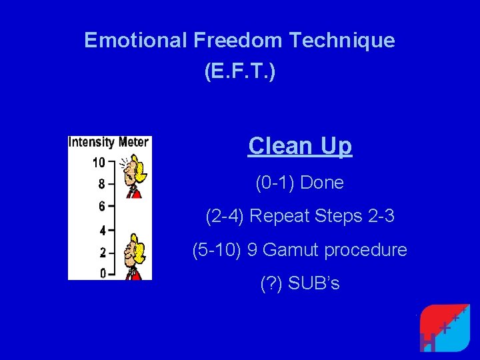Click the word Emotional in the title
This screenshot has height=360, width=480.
point(136,41)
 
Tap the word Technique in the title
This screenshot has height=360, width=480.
point(342,41)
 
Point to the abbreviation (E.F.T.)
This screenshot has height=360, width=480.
point(239,73)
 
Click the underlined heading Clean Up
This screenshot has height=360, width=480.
point(299,145)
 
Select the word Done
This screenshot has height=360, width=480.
point(322,183)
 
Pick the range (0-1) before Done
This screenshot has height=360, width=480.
point(275,183)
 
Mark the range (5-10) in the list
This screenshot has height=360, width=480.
point(217,251)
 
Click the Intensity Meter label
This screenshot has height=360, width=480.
point(110,142)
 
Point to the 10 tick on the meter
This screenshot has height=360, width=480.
point(99,162)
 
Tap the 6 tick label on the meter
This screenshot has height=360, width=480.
point(102,206)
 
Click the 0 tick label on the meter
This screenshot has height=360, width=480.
point(102,272)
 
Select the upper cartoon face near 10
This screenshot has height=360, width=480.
point(136,173)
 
